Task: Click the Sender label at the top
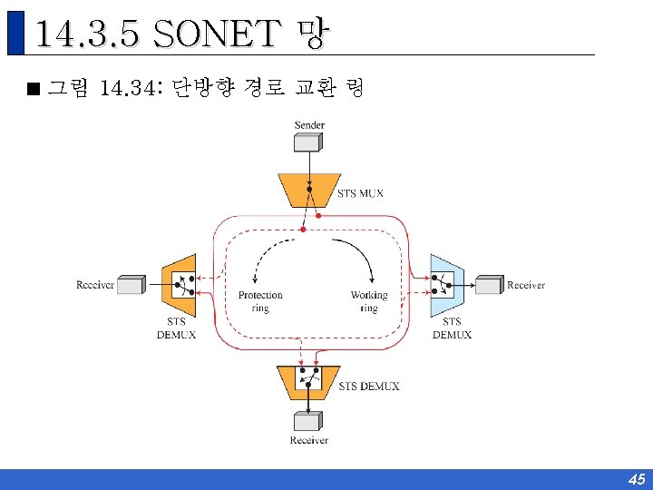(x=309, y=124)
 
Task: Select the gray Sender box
(x=308, y=143)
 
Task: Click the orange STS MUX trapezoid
(x=309, y=189)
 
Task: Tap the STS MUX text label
(x=360, y=193)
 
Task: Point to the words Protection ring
(x=260, y=301)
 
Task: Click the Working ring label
(x=368, y=301)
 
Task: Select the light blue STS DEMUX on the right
(x=446, y=285)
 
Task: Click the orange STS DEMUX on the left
(x=179, y=285)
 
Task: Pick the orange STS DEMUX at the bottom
(x=308, y=381)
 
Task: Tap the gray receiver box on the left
(x=131, y=285)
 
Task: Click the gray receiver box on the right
(x=489, y=285)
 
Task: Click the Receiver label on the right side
(x=526, y=285)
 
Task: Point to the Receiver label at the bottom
(x=309, y=441)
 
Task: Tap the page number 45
(x=636, y=479)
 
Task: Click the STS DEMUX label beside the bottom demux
(x=368, y=387)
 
